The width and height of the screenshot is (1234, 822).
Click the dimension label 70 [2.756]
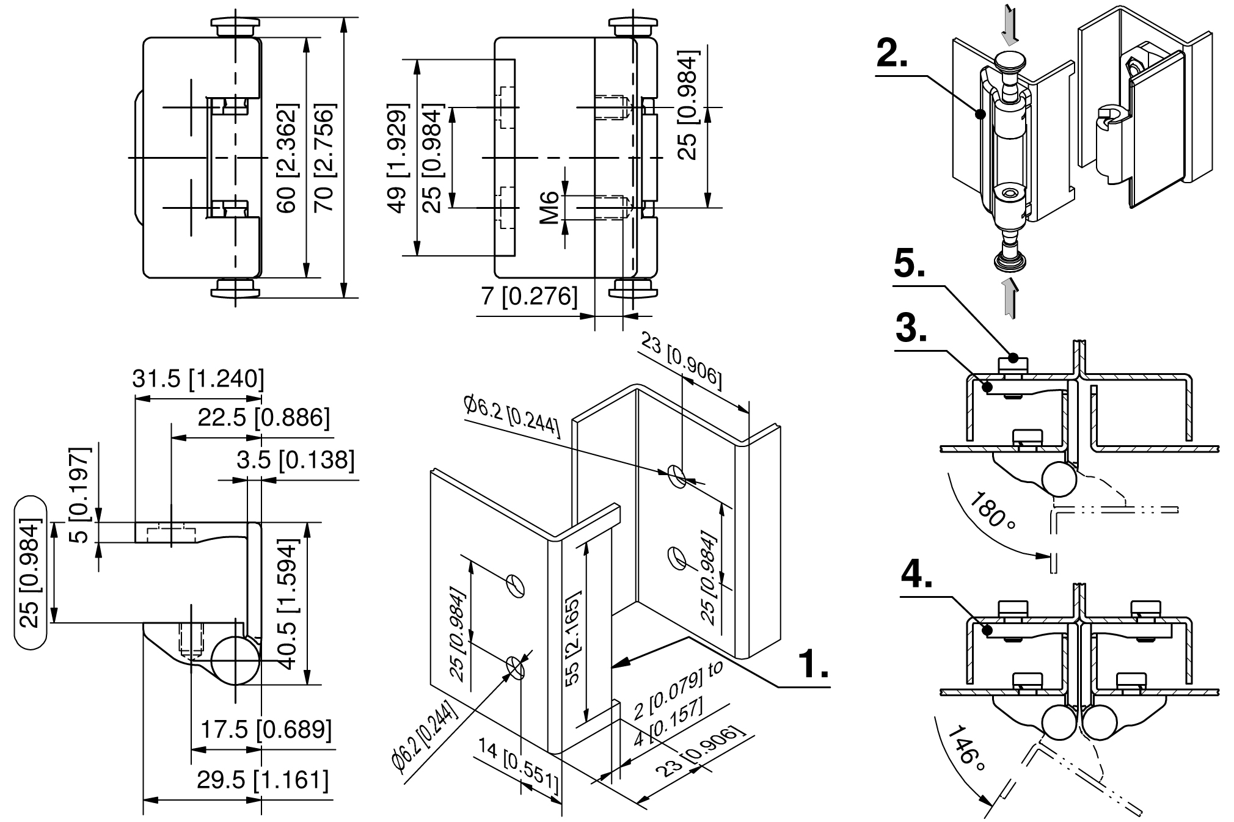324,158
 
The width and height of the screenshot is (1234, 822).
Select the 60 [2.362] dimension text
287,158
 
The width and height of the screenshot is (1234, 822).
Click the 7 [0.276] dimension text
529,296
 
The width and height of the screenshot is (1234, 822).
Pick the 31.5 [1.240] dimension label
199,379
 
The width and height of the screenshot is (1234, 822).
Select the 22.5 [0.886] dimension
263,418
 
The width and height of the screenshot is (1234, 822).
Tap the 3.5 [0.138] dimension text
296,460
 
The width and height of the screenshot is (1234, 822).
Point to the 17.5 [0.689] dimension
266,729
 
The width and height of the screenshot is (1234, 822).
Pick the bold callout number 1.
814,664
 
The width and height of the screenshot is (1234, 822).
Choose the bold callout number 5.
910,264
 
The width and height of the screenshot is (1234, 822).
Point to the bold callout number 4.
916,575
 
